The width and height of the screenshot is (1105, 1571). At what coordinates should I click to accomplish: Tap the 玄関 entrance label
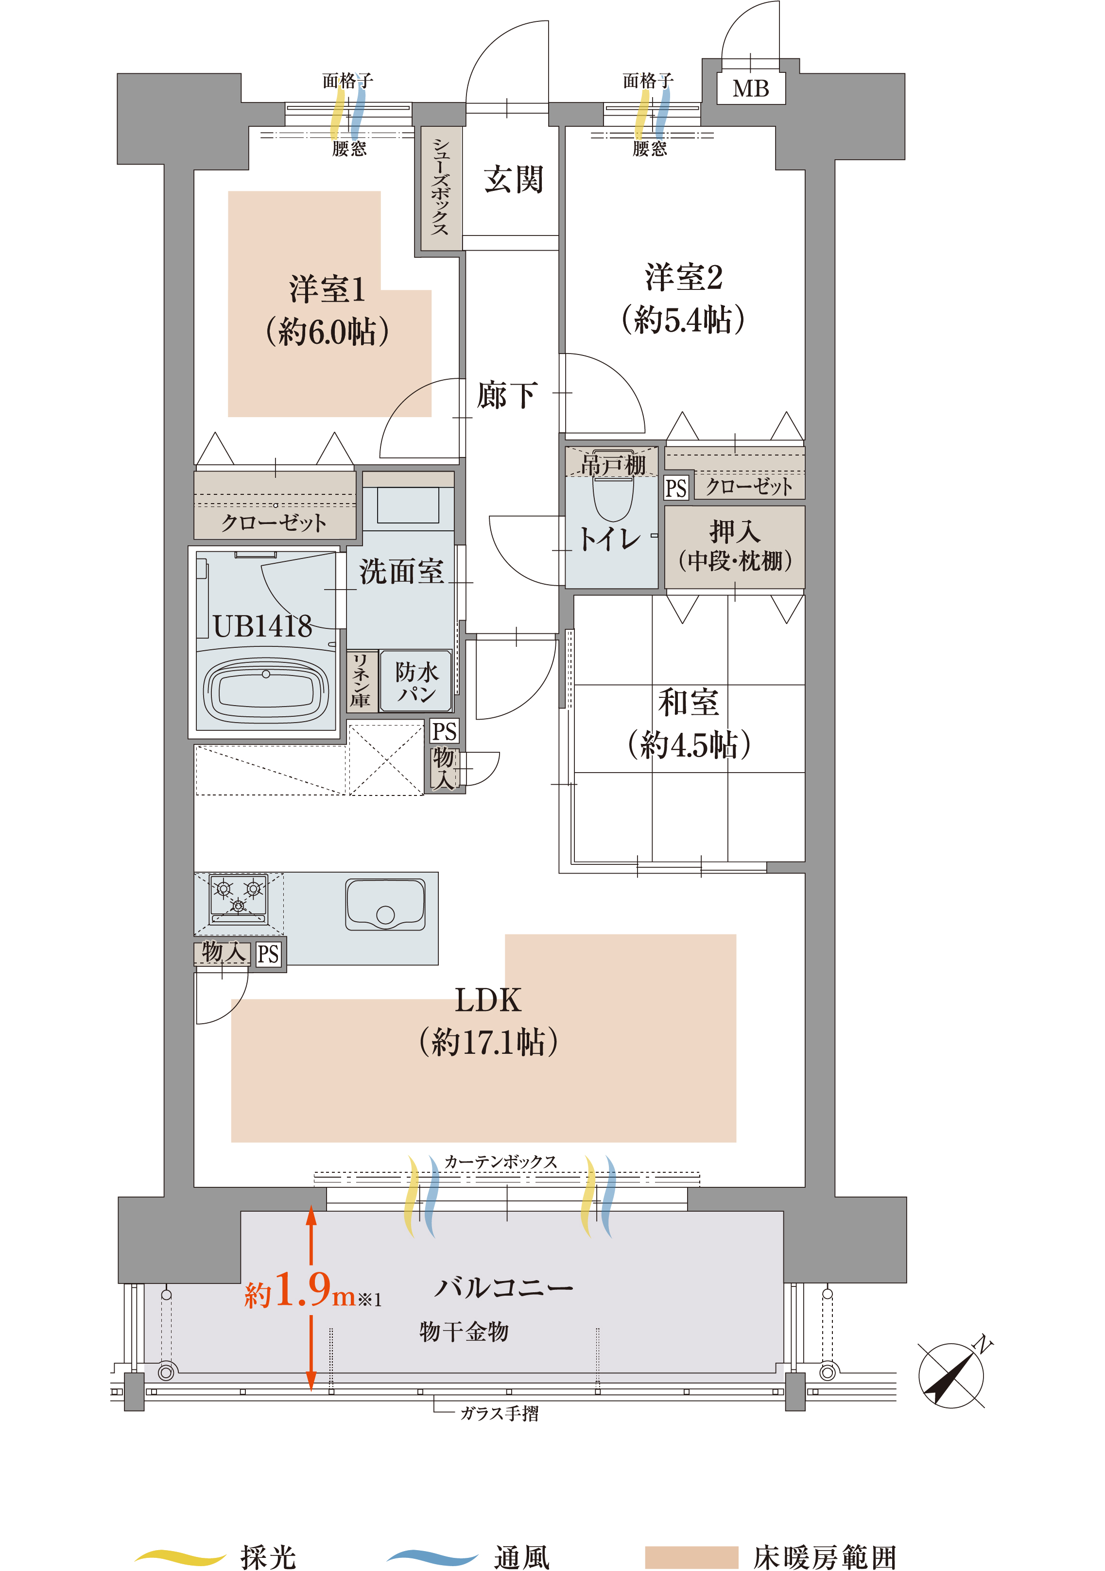point(514,179)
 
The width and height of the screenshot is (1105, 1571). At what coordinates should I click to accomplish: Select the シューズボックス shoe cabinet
point(440,187)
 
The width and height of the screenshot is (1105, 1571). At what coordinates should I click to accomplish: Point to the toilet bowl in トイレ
point(613,498)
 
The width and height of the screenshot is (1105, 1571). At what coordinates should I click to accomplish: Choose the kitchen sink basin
point(385,904)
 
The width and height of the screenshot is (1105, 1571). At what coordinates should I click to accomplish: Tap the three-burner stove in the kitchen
point(238,897)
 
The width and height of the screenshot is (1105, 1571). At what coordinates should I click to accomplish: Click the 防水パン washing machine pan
point(415,681)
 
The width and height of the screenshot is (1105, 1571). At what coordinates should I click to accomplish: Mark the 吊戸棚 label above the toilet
point(613,465)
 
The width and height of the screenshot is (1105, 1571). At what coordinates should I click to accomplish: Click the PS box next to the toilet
point(676,488)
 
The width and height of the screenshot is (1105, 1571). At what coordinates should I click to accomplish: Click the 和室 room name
point(688,702)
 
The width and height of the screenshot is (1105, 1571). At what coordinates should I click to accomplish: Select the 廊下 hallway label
point(507,395)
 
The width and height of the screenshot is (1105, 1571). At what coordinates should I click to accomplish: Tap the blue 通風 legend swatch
point(432,1556)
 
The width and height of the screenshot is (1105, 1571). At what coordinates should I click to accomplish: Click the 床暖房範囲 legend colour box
point(691,1556)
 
